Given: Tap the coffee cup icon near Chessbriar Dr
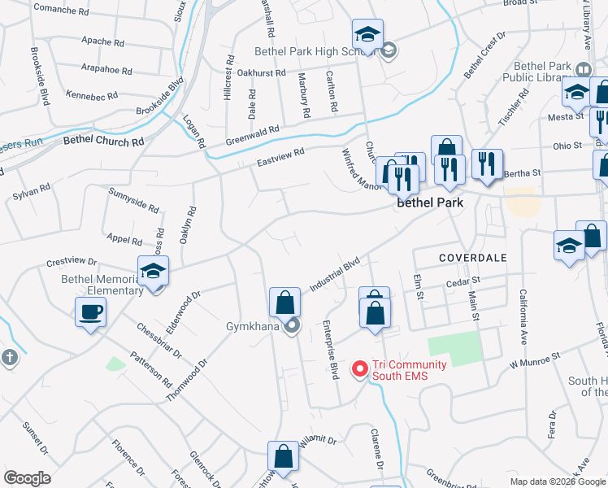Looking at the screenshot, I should pos(90,311).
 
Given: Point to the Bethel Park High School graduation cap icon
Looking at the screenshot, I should pos(367,35).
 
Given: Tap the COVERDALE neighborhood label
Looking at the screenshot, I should pos(473,258).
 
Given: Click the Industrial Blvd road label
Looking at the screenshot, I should pos(334,276).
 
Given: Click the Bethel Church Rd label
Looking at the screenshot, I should pos(103,141).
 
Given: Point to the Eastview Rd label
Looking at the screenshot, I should pos(280,154).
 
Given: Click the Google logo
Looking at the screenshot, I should pos(27,478).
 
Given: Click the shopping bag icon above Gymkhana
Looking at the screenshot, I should pos(284,302).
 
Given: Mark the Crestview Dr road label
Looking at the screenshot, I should pos(72,263).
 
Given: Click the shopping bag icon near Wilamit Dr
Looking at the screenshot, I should pos(283,456).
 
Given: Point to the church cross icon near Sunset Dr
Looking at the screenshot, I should pos(9,358).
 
